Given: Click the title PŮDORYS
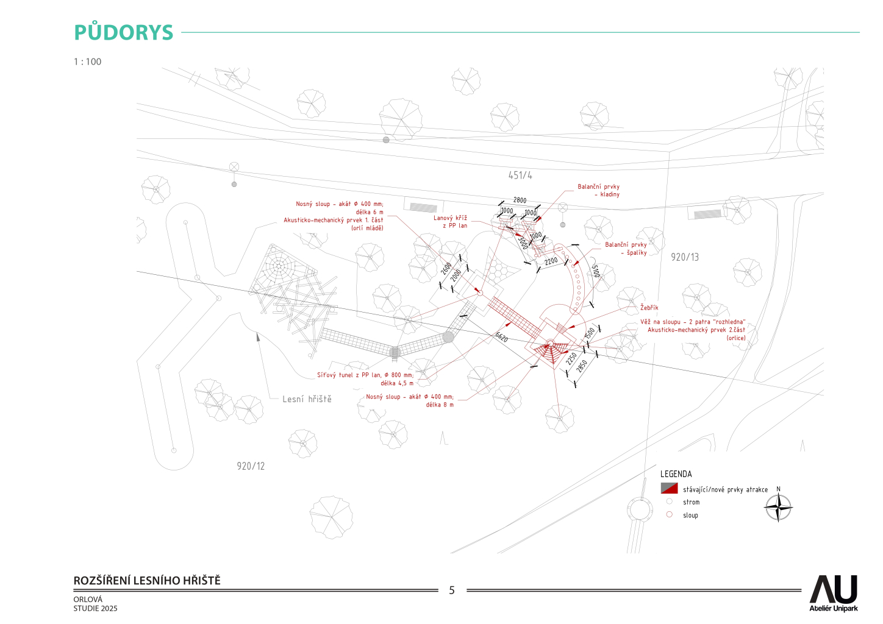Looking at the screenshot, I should (x=124, y=32).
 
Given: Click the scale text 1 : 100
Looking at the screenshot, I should (x=88, y=62).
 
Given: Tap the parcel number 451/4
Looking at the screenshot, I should (x=520, y=175).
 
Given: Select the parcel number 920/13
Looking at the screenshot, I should (x=685, y=257).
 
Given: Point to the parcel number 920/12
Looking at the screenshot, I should (x=251, y=466).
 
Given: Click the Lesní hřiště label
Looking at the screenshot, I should (x=307, y=399).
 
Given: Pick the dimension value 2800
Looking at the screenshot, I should (x=520, y=200).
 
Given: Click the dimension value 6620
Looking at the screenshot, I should (x=501, y=337).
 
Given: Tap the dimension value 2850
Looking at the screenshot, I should (x=582, y=366).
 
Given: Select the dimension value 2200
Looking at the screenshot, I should (x=551, y=261).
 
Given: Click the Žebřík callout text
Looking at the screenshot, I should (x=649, y=308).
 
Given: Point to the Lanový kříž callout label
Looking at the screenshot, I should (x=450, y=222).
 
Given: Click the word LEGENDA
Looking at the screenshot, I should (x=676, y=474).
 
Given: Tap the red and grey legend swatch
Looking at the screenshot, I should (x=669, y=488).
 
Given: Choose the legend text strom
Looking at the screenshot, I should (x=691, y=502).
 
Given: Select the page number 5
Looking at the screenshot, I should (x=452, y=590).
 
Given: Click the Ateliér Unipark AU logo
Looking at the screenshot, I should (x=833, y=593).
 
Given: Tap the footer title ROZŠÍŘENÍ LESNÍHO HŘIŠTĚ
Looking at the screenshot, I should (x=147, y=581).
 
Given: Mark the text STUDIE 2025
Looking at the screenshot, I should (x=96, y=608).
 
